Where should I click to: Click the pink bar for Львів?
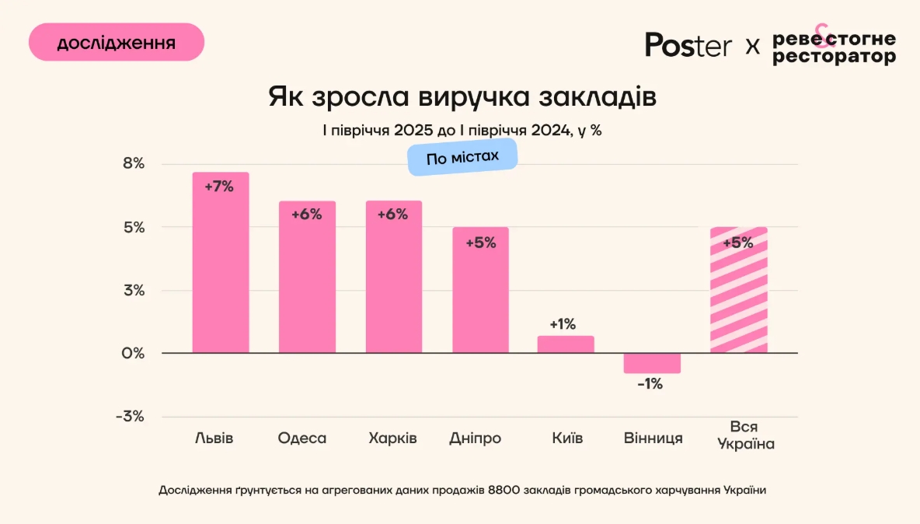click(x=221, y=264)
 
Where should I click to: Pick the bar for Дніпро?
click(x=480, y=292)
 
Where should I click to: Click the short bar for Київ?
click(x=566, y=344)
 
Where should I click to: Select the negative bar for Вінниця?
click(x=652, y=363)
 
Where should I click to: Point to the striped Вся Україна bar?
click(x=738, y=292)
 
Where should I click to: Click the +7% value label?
click(x=219, y=187)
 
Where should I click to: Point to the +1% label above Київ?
click(x=563, y=324)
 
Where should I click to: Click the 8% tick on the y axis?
click(x=133, y=164)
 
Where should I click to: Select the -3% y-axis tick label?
click(x=130, y=417)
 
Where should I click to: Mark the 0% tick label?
click(x=133, y=354)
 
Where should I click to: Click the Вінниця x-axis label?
click(x=653, y=438)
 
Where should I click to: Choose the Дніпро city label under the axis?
click(x=476, y=438)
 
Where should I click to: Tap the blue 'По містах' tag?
click(x=462, y=158)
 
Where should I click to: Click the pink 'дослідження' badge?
click(x=117, y=42)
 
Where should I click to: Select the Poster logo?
click(x=688, y=44)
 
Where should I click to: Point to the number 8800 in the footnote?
click(x=505, y=491)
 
